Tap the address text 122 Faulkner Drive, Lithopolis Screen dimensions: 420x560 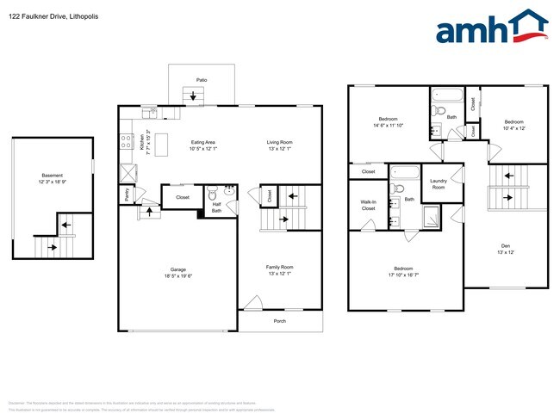(x=49, y=11)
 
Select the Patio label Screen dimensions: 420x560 (x=202, y=79)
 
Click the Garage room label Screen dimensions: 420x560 (x=177, y=273)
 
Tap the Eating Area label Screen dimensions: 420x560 (x=203, y=145)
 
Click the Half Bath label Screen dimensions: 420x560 (x=217, y=207)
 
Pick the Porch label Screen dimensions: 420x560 (x=280, y=321)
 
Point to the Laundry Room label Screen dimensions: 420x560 (x=439, y=183)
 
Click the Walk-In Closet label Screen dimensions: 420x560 (x=368, y=206)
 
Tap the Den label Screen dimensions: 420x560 (x=505, y=249)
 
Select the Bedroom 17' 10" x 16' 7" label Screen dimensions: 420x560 (x=403, y=272)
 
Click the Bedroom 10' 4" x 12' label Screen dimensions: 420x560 (x=513, y=125)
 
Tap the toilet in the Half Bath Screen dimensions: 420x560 (x=228, y=193)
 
